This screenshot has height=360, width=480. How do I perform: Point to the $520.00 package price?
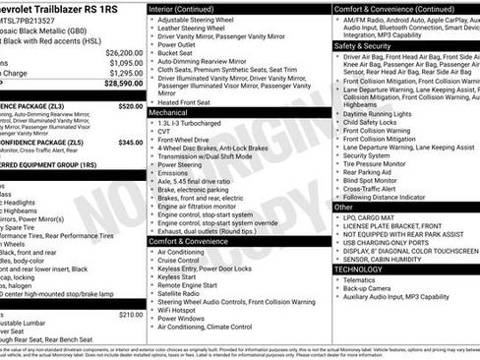click(x=130, y=105)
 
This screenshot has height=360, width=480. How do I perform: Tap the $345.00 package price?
click(x=130, y=143)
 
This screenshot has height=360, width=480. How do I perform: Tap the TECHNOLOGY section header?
click(x=358, y=268)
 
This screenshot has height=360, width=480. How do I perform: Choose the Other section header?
click(x=343, y=208)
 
